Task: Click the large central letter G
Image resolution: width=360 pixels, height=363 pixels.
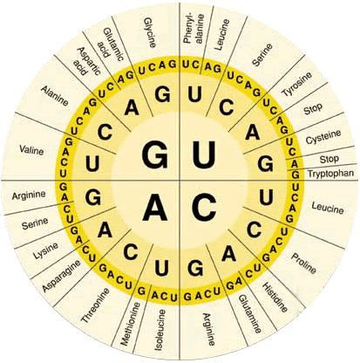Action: coord(155,155)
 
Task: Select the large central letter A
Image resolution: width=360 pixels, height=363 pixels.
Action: coord(155,207)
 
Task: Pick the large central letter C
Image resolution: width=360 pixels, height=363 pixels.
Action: coord(204,207)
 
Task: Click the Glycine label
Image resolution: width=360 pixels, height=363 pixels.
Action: coord(151,32)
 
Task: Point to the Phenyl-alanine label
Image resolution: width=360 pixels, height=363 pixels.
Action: coord(194,28)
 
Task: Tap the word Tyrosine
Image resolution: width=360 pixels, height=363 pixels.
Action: coord(296,84)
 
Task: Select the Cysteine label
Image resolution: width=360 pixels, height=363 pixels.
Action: coord(323,136)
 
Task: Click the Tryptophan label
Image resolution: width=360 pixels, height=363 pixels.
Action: coord(330,174)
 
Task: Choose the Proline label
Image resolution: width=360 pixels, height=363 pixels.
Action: coord(303,264)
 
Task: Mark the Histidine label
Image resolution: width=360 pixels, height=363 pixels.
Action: coord(275,297)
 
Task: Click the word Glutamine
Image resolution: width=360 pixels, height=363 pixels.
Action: coord(250,314)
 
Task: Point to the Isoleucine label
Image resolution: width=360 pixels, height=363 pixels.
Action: coord(160,330)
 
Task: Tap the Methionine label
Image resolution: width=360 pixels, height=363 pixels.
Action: coord(130,324)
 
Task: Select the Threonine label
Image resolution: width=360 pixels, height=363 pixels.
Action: coord(96,305)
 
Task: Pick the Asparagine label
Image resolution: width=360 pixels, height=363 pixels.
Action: coord(62,276)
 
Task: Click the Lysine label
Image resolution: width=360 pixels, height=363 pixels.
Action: coord(45,250)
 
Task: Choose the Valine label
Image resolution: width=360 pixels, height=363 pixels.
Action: coord(31,150)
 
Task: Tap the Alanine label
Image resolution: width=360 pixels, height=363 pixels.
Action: coord(55,96)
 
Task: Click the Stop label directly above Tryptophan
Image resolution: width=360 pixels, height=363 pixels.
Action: coord(329,159)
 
